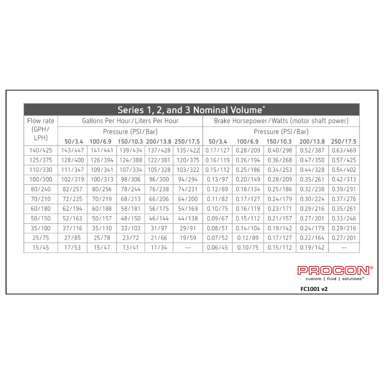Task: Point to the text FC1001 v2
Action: point(313,289)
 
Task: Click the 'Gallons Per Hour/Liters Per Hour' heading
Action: point(130,121)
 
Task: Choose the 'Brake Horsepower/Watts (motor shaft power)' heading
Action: point(281,121)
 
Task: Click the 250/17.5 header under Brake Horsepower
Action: point(344,142)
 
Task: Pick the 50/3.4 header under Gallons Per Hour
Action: point(74,142)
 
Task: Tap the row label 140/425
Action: point(41,150)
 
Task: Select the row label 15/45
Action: point(41,247)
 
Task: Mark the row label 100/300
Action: point(41,179)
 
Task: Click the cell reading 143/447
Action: point(72,150)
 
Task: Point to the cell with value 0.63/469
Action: point(344,150)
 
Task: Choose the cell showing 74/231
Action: point(187,189)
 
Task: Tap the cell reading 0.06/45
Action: point(217,247)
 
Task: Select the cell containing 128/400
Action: point(72,160)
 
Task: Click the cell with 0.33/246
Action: point(344,218)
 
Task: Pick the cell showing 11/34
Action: point(158,247)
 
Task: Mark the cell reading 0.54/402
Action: point(344,169)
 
